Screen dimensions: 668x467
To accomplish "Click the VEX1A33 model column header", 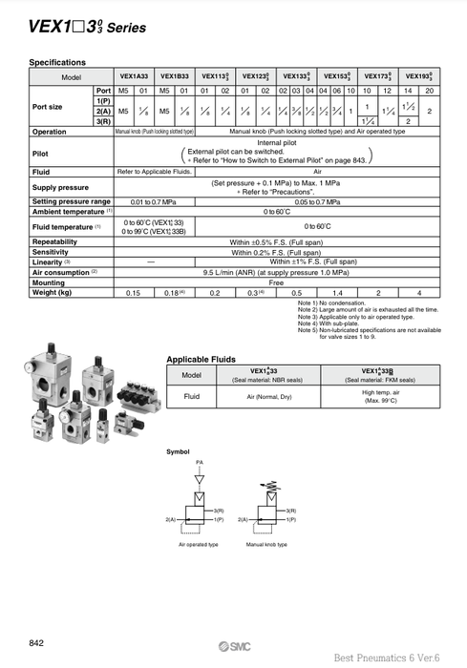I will click(134, 75).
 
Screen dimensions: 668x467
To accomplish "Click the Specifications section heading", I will click(57, 62).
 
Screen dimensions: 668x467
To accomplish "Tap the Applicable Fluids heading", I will click(201, 358).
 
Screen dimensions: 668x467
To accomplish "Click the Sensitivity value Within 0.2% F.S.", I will click(277, 253).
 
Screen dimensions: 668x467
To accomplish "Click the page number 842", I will click(36, 643).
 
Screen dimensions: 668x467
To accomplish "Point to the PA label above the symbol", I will click(200, 462).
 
